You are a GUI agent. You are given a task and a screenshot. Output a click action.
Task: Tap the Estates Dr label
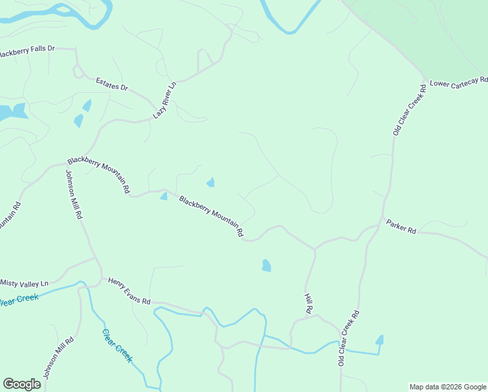(x=112, y=84)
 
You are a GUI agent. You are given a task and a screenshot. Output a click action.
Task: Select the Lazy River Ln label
(x=165, y=100)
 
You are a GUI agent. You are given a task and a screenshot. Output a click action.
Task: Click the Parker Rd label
(x=401, y=226)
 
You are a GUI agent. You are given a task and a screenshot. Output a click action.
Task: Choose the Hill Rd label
(x=309, y=302)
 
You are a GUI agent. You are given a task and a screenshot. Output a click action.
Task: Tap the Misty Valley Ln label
(x=25, y=283)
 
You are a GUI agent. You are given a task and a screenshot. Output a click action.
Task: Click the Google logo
(x=22, y=384)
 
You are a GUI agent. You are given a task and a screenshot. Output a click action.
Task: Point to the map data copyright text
(x=448, y=387)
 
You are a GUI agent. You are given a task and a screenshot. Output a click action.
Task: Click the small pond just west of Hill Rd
(x=266, y=265)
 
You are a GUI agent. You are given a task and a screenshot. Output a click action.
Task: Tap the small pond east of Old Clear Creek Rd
(x=379, y=340)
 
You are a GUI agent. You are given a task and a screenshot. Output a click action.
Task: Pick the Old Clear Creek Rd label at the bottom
(x=349, y=338)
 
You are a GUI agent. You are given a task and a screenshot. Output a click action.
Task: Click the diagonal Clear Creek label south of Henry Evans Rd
(x=117, y=344)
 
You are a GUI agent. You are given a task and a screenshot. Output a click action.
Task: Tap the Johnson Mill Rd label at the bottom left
(x=59, y=358)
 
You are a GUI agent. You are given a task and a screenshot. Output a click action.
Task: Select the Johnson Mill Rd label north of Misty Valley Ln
(x=74, y=194)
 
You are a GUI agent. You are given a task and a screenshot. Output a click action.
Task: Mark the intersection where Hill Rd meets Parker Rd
(x=314, y=248)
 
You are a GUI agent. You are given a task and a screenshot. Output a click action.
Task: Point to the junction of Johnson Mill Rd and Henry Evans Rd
(x=100, y=277)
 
